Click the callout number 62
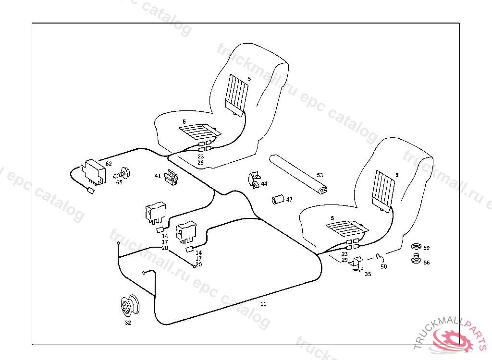coord(109,164)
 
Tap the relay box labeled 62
coord(95,171)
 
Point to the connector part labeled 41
coord(172,177)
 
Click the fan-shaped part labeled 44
coord(253,180)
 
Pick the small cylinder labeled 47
coord(276,199)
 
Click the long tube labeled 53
coord(298,174)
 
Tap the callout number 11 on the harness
coord(263,304)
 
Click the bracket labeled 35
coord(358,264)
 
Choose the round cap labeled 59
coord(417,247)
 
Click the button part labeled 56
coord(416,260)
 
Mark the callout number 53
coord(320,175)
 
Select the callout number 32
coord(128,323)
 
